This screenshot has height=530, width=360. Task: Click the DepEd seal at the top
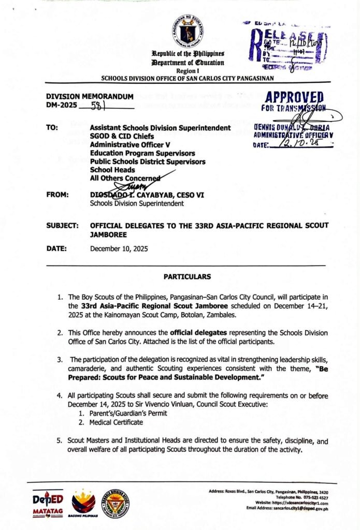(187, 32)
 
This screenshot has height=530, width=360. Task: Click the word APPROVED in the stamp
(294, 98)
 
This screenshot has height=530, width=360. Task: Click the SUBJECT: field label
(62, 226)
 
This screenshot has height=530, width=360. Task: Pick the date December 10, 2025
(119, 248)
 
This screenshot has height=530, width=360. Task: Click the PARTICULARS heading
(187, 277)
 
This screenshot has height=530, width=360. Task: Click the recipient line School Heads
(112, 170)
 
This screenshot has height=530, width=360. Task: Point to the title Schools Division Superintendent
(137, 203)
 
